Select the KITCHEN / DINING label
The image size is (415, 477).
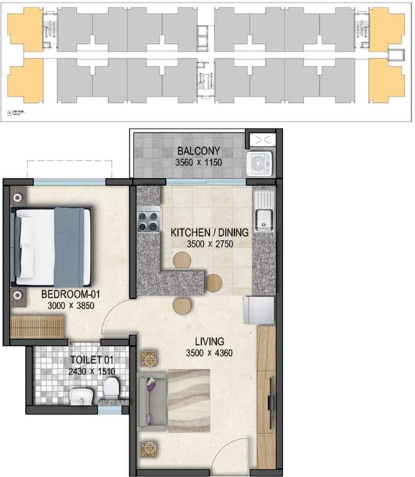(x=209, y=233)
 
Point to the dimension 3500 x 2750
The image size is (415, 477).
(x=209, y=244)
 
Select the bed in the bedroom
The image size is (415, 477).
(x=53, y=246)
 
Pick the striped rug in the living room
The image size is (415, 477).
(x=190, y=399)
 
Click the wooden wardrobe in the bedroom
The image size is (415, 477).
(x=38, y=327)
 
